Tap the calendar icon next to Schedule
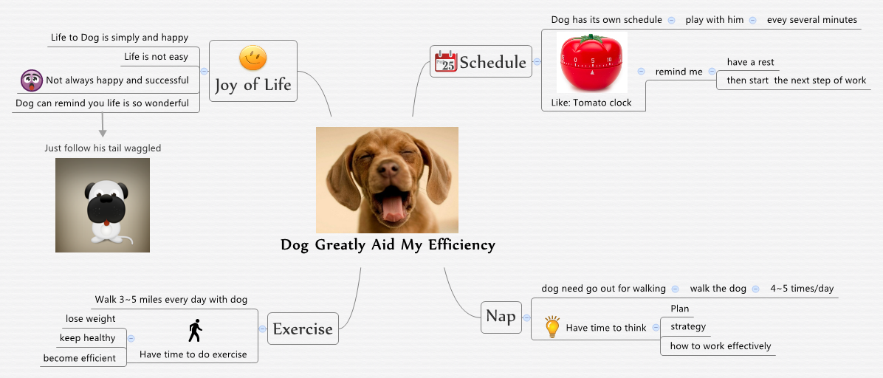tap(445, 62)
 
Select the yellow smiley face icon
tap(253, 58)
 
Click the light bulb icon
tap(552, 327)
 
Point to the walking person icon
tap(195, 331)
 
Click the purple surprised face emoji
tap(32, 80)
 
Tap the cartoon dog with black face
tap(103, 205)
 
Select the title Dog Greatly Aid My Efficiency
tap(388, 245)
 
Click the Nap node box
tap(501, 317)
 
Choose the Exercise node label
tap(303, 329)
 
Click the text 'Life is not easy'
tap(156, 57)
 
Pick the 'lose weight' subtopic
tap(90, 319)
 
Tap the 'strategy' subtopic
tap(687, 326)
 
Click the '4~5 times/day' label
tap(802, 289)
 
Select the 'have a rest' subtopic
tap(750, 62)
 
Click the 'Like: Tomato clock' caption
tap(591, 103)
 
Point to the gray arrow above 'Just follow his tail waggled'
tap(103, 127)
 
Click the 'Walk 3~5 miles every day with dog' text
tap(171, 300)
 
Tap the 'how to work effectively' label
tap(720, 346)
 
